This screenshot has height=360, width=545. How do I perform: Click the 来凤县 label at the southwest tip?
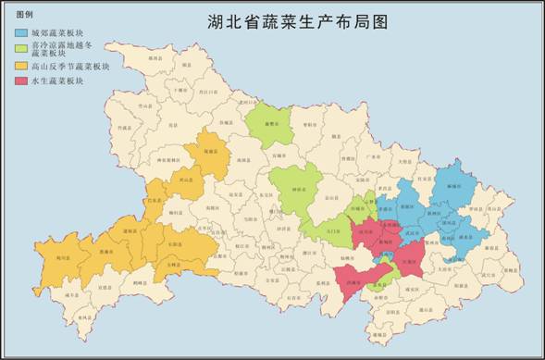tap(84, 317)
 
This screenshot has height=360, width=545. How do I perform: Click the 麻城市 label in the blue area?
tap(453, 185)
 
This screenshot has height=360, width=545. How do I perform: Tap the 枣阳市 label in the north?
tap(308, 123)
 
